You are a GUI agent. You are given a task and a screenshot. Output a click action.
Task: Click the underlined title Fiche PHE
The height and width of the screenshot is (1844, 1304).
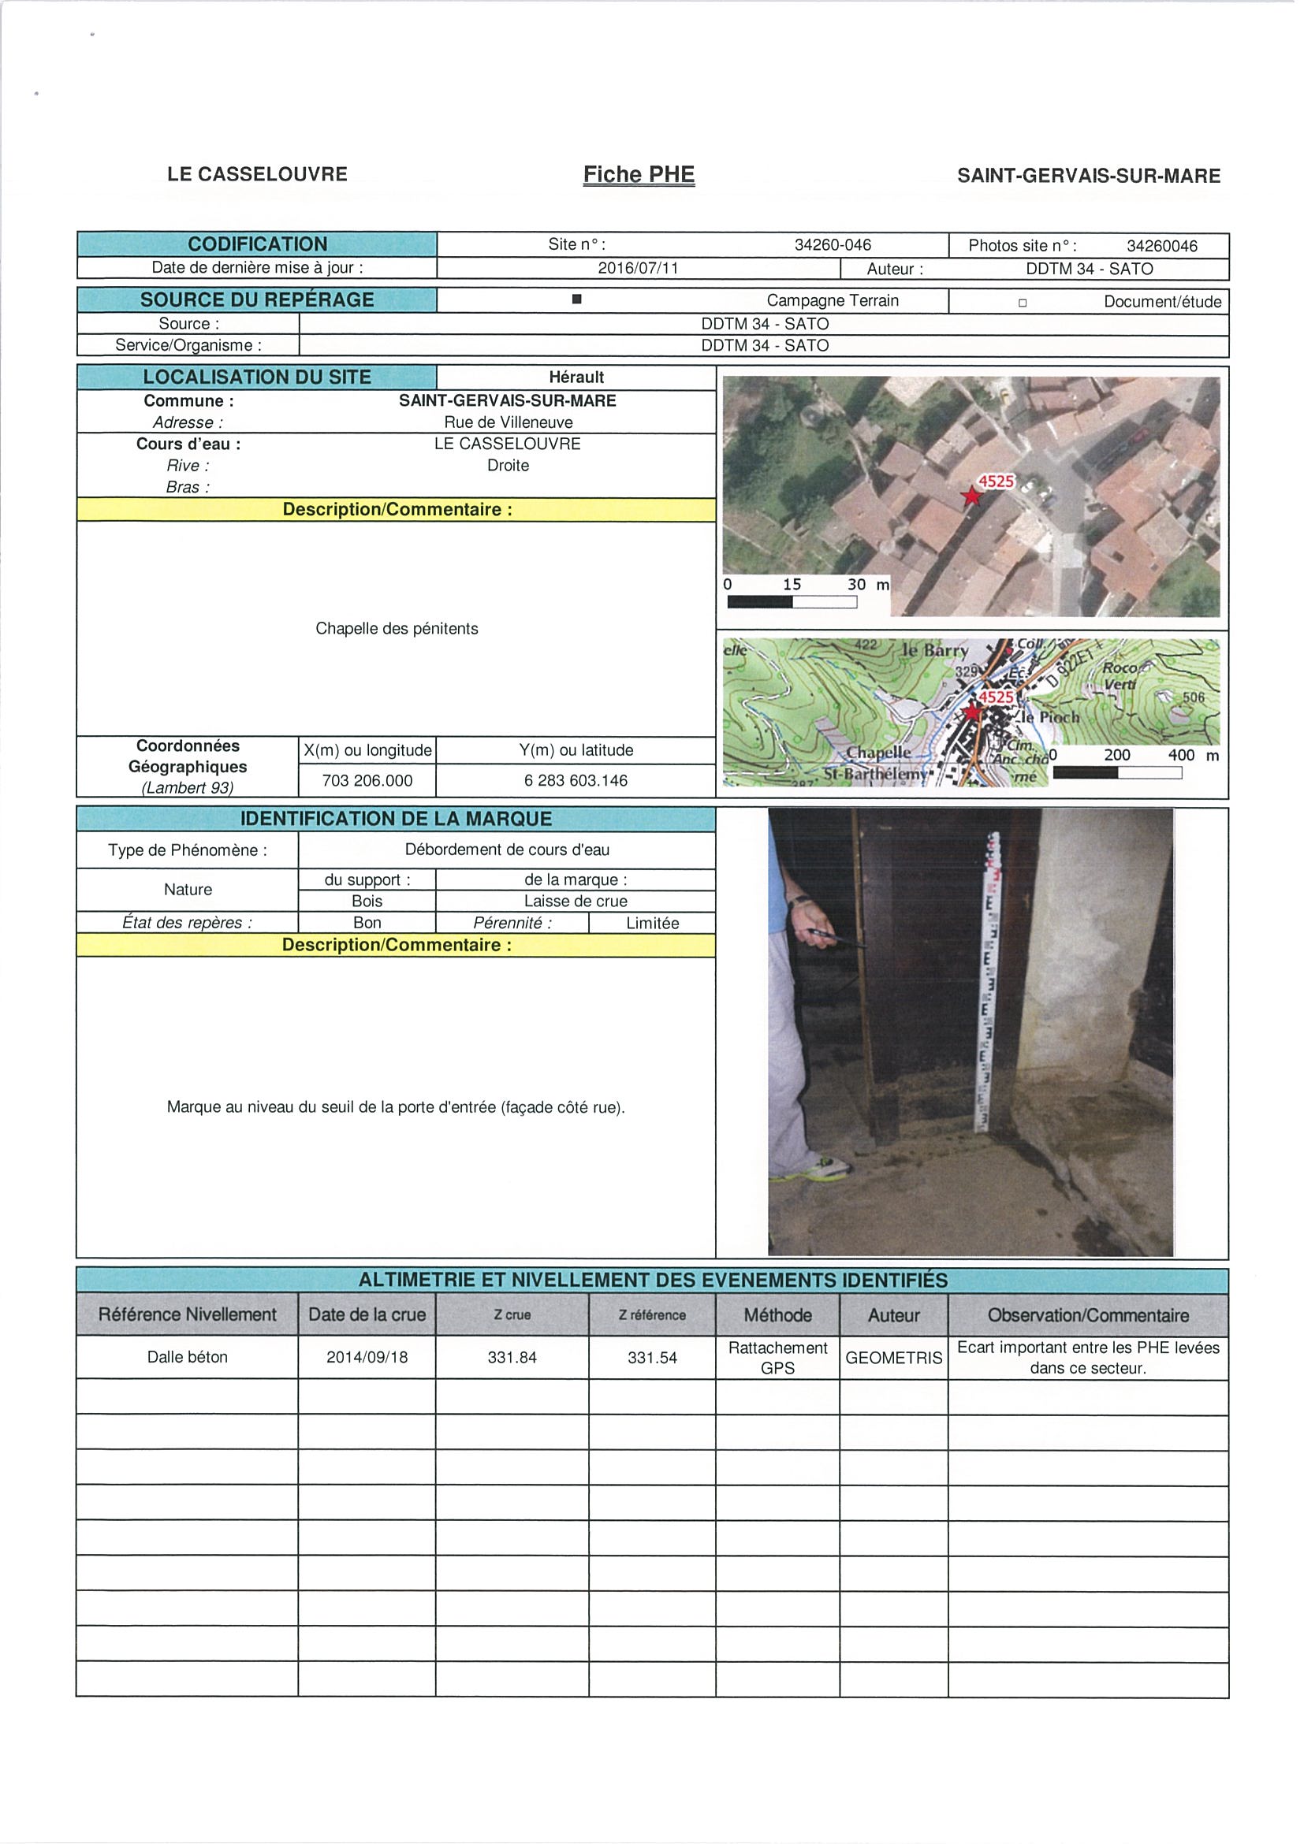point(639,175)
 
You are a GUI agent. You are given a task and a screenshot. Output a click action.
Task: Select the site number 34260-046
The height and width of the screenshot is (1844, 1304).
point(833,245)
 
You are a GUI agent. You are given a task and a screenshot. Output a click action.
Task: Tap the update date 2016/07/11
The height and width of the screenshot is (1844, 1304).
point(638,268)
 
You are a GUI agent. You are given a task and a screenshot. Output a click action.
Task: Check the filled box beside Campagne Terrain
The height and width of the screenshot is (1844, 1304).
point(576,299)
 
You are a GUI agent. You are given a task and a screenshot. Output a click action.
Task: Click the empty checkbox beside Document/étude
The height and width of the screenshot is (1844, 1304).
point(1022,303)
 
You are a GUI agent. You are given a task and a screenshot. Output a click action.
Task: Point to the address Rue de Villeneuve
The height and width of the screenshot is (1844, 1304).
point(509,422)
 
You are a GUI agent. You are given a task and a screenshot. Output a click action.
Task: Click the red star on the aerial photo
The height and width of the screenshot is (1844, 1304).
point(972,496)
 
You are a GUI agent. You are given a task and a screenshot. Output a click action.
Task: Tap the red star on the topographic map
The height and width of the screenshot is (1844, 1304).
point(973,712)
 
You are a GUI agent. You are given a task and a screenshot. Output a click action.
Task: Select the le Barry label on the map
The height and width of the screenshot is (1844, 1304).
point(934,651)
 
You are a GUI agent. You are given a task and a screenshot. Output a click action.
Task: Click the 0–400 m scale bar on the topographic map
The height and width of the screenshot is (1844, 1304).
point(1117,772)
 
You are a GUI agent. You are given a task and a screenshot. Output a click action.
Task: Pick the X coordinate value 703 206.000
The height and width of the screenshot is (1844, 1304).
point(367,781)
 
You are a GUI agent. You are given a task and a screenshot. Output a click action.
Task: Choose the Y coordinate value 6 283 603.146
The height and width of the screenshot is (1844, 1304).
point(576,781)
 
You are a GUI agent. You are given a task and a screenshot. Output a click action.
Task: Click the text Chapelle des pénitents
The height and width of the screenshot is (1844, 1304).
point(397,629)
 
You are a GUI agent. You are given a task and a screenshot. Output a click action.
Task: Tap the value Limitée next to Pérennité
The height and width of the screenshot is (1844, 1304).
point(653,924)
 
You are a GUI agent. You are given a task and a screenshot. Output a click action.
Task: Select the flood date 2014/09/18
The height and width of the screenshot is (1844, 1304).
point(367,1357)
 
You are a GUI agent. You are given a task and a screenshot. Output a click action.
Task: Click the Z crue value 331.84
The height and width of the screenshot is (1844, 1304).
point(512,1357)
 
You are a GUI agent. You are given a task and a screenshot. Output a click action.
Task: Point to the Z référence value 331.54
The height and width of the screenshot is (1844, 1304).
point(653,1357)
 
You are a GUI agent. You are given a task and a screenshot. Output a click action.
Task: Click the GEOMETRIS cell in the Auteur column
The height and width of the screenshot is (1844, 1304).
point(893,1357)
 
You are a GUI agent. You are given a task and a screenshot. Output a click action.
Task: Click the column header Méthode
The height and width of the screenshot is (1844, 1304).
point(777,1315)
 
